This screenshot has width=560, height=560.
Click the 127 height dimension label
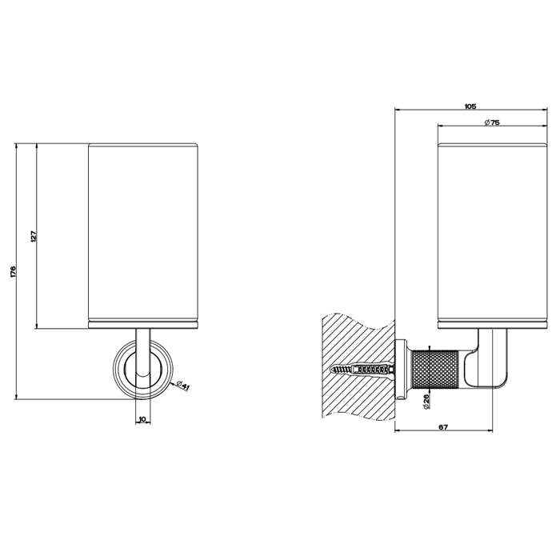coord(34,237)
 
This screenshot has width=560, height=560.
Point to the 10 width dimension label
coord(143,419)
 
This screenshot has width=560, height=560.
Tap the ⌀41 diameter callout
coord(182,386)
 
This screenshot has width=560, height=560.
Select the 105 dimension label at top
coord(470,106)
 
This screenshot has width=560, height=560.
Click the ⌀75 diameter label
coord(492,122)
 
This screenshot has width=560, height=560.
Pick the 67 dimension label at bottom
coord(443,426)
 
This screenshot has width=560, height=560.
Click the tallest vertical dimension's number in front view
coord(14,271)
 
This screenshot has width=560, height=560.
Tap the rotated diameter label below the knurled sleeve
coord(426,402)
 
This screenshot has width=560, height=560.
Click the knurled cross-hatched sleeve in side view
coord(435,370)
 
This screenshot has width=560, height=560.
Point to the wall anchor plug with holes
coord(374,370)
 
